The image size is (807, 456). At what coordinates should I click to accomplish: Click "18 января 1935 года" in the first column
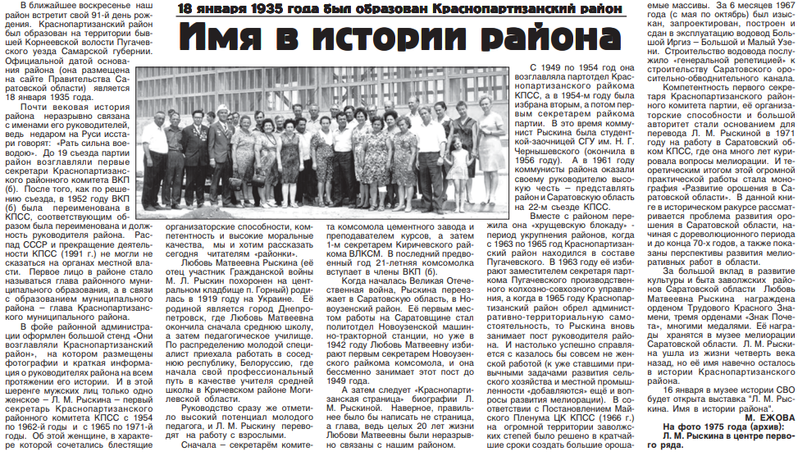[54, 96]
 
